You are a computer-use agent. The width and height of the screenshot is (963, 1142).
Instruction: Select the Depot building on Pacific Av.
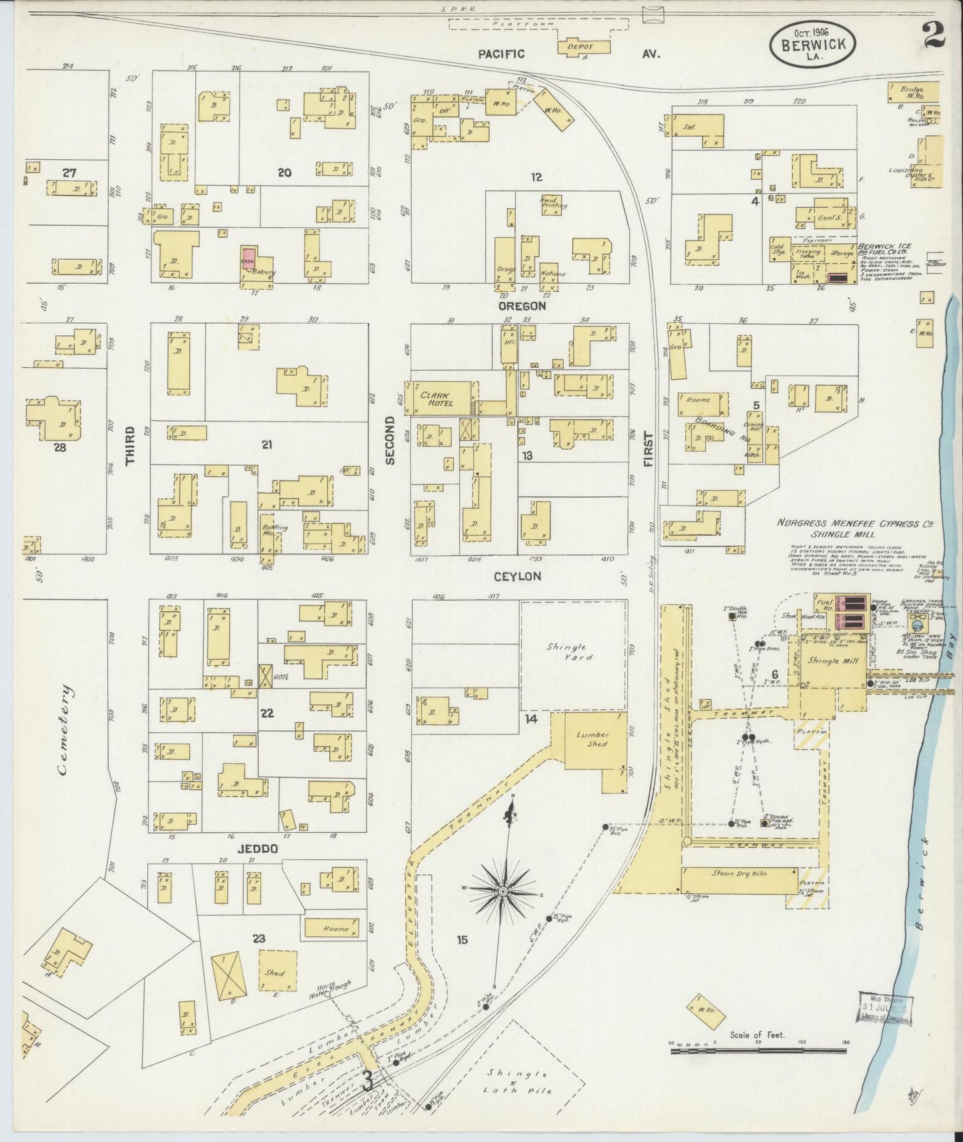pos(584,47)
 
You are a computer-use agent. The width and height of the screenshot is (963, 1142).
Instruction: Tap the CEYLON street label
pos(517,576)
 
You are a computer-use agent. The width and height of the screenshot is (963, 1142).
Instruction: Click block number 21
pos(267,444)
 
